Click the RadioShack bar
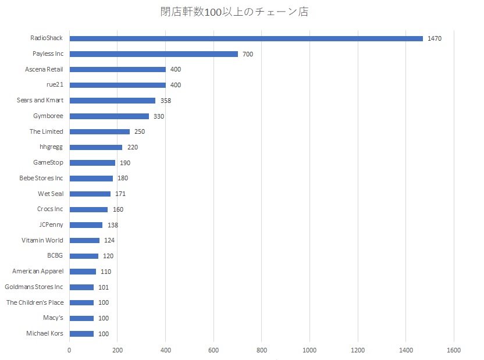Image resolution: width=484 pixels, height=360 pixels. pyautogui.click(x=246, y=38)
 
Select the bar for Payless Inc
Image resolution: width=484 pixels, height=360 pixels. pyautogui.click(x=154, y=54)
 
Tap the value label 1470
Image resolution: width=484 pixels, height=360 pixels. pyautogui.click(x=435, y=38)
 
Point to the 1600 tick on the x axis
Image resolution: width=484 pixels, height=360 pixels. pyautogui.click(x=454, y=350)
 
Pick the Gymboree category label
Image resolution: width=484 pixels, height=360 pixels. pyautogui.click(x=48, y=116)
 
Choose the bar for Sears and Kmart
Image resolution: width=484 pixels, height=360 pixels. pyautogui.click(x=112, y=101)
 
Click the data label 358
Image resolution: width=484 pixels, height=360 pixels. pyautogui.click(x=166, y=101)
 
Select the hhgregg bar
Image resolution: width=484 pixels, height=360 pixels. pyautogui.click(x=96, y=147)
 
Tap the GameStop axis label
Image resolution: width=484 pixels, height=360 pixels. pyautogui.click(x=48, y=162)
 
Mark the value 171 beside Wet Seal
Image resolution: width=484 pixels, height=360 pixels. pyautogui.click(x=120, y=194)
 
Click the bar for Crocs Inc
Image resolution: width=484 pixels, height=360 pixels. pyautogui.click(x=88, y=209)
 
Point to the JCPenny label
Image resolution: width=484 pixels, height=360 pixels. pyautogui.click(x=50, y=224)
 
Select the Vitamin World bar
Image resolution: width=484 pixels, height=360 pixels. pyautogui.click(x=84, y=240)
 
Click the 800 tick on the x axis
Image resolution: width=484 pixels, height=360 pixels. pyautogui.click(x=261, y=350)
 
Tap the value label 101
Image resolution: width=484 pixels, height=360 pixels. pyautogui.click(x=104, y=287)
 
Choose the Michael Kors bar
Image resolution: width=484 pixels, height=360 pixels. pyautogui.click(x=81, y=334)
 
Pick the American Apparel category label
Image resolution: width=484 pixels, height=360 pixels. pyautogui.click(x=38, y=271)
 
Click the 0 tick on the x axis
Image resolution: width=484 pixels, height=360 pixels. pyautogui.click(x=69, y=350)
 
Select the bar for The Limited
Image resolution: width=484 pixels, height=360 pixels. pyautogui.click(x=99, y=131)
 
